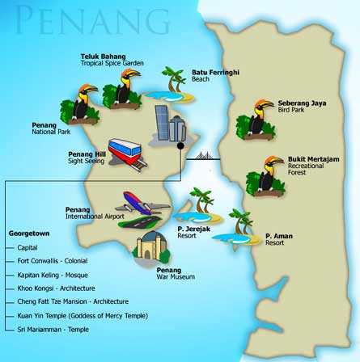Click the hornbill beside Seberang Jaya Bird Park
(255, 119)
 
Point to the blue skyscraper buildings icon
(170, 124)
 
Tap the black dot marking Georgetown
(182, 148)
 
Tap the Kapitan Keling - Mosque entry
(52, 275)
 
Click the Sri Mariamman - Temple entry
(53, 330)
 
